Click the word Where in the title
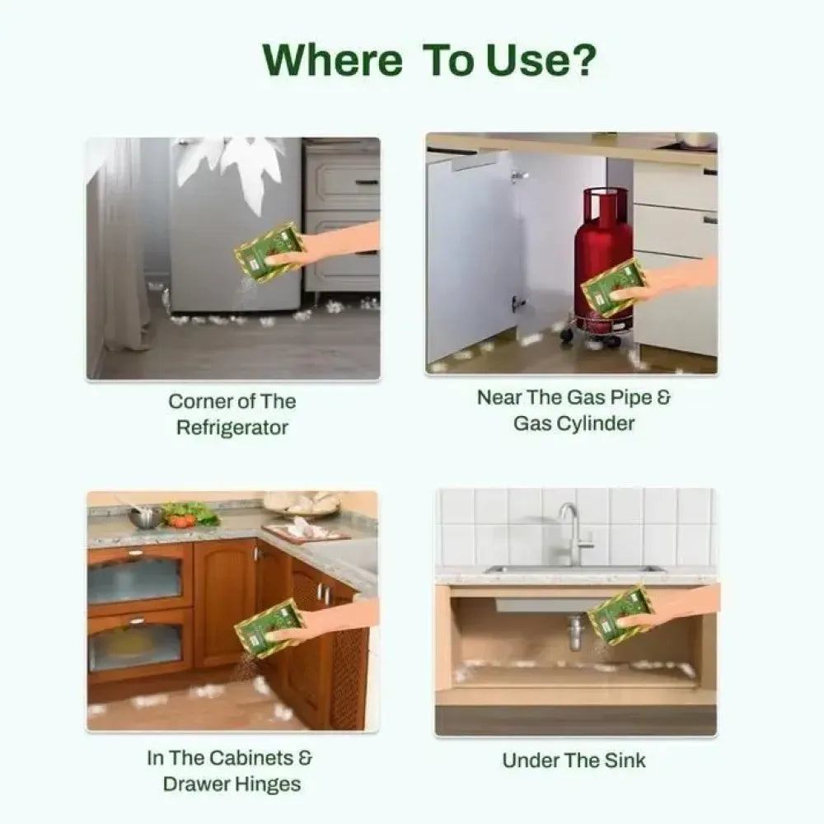[x=332, y=60]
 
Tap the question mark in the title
[x=583, y=59]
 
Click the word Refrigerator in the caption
[x=232, y=428]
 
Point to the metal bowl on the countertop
[x=145, y=517]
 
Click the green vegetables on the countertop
[x=190, y=513]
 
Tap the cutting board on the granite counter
[x=306, y=531]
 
